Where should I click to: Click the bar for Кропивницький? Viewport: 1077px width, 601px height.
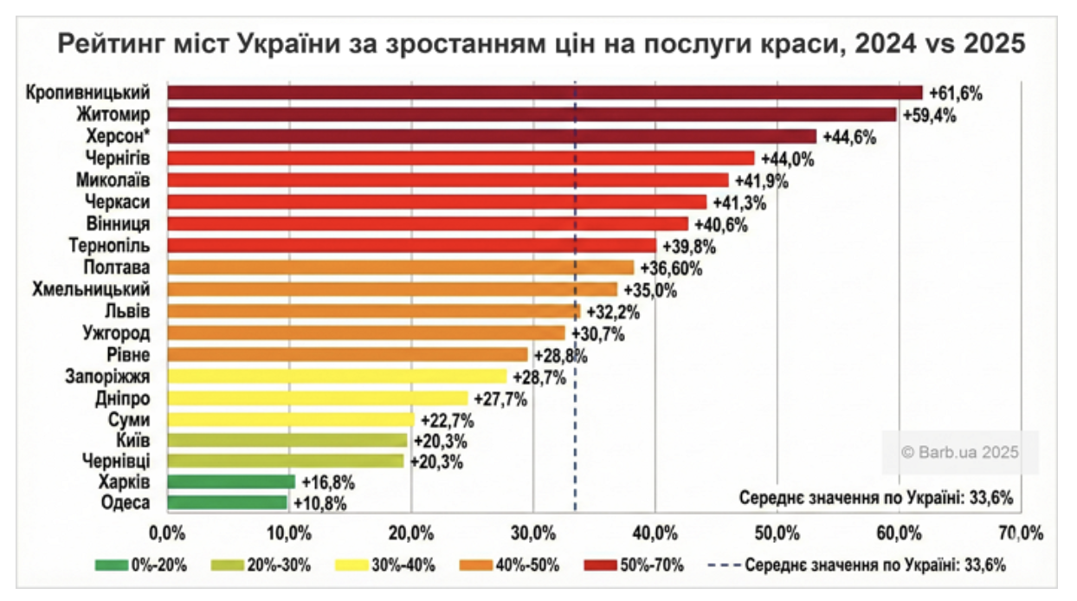point(545,93)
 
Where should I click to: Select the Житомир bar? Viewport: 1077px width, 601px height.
point(532,114)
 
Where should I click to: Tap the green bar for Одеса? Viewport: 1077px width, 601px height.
point(227,502)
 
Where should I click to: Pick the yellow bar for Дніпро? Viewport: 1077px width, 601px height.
point(318,398)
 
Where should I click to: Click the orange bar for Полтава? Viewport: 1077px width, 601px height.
point(401,268)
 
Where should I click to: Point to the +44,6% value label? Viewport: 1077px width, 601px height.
point(849,137)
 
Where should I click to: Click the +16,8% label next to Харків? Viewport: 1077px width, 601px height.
point(327,482)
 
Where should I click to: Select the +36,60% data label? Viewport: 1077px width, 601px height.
point(671,268)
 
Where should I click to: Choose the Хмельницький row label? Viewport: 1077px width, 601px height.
point(91,288)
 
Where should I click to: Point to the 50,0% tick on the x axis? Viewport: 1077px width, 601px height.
point(777,531)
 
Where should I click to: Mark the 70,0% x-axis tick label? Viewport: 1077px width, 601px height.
point(1021,531)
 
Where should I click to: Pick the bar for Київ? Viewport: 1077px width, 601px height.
point(287,440)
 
